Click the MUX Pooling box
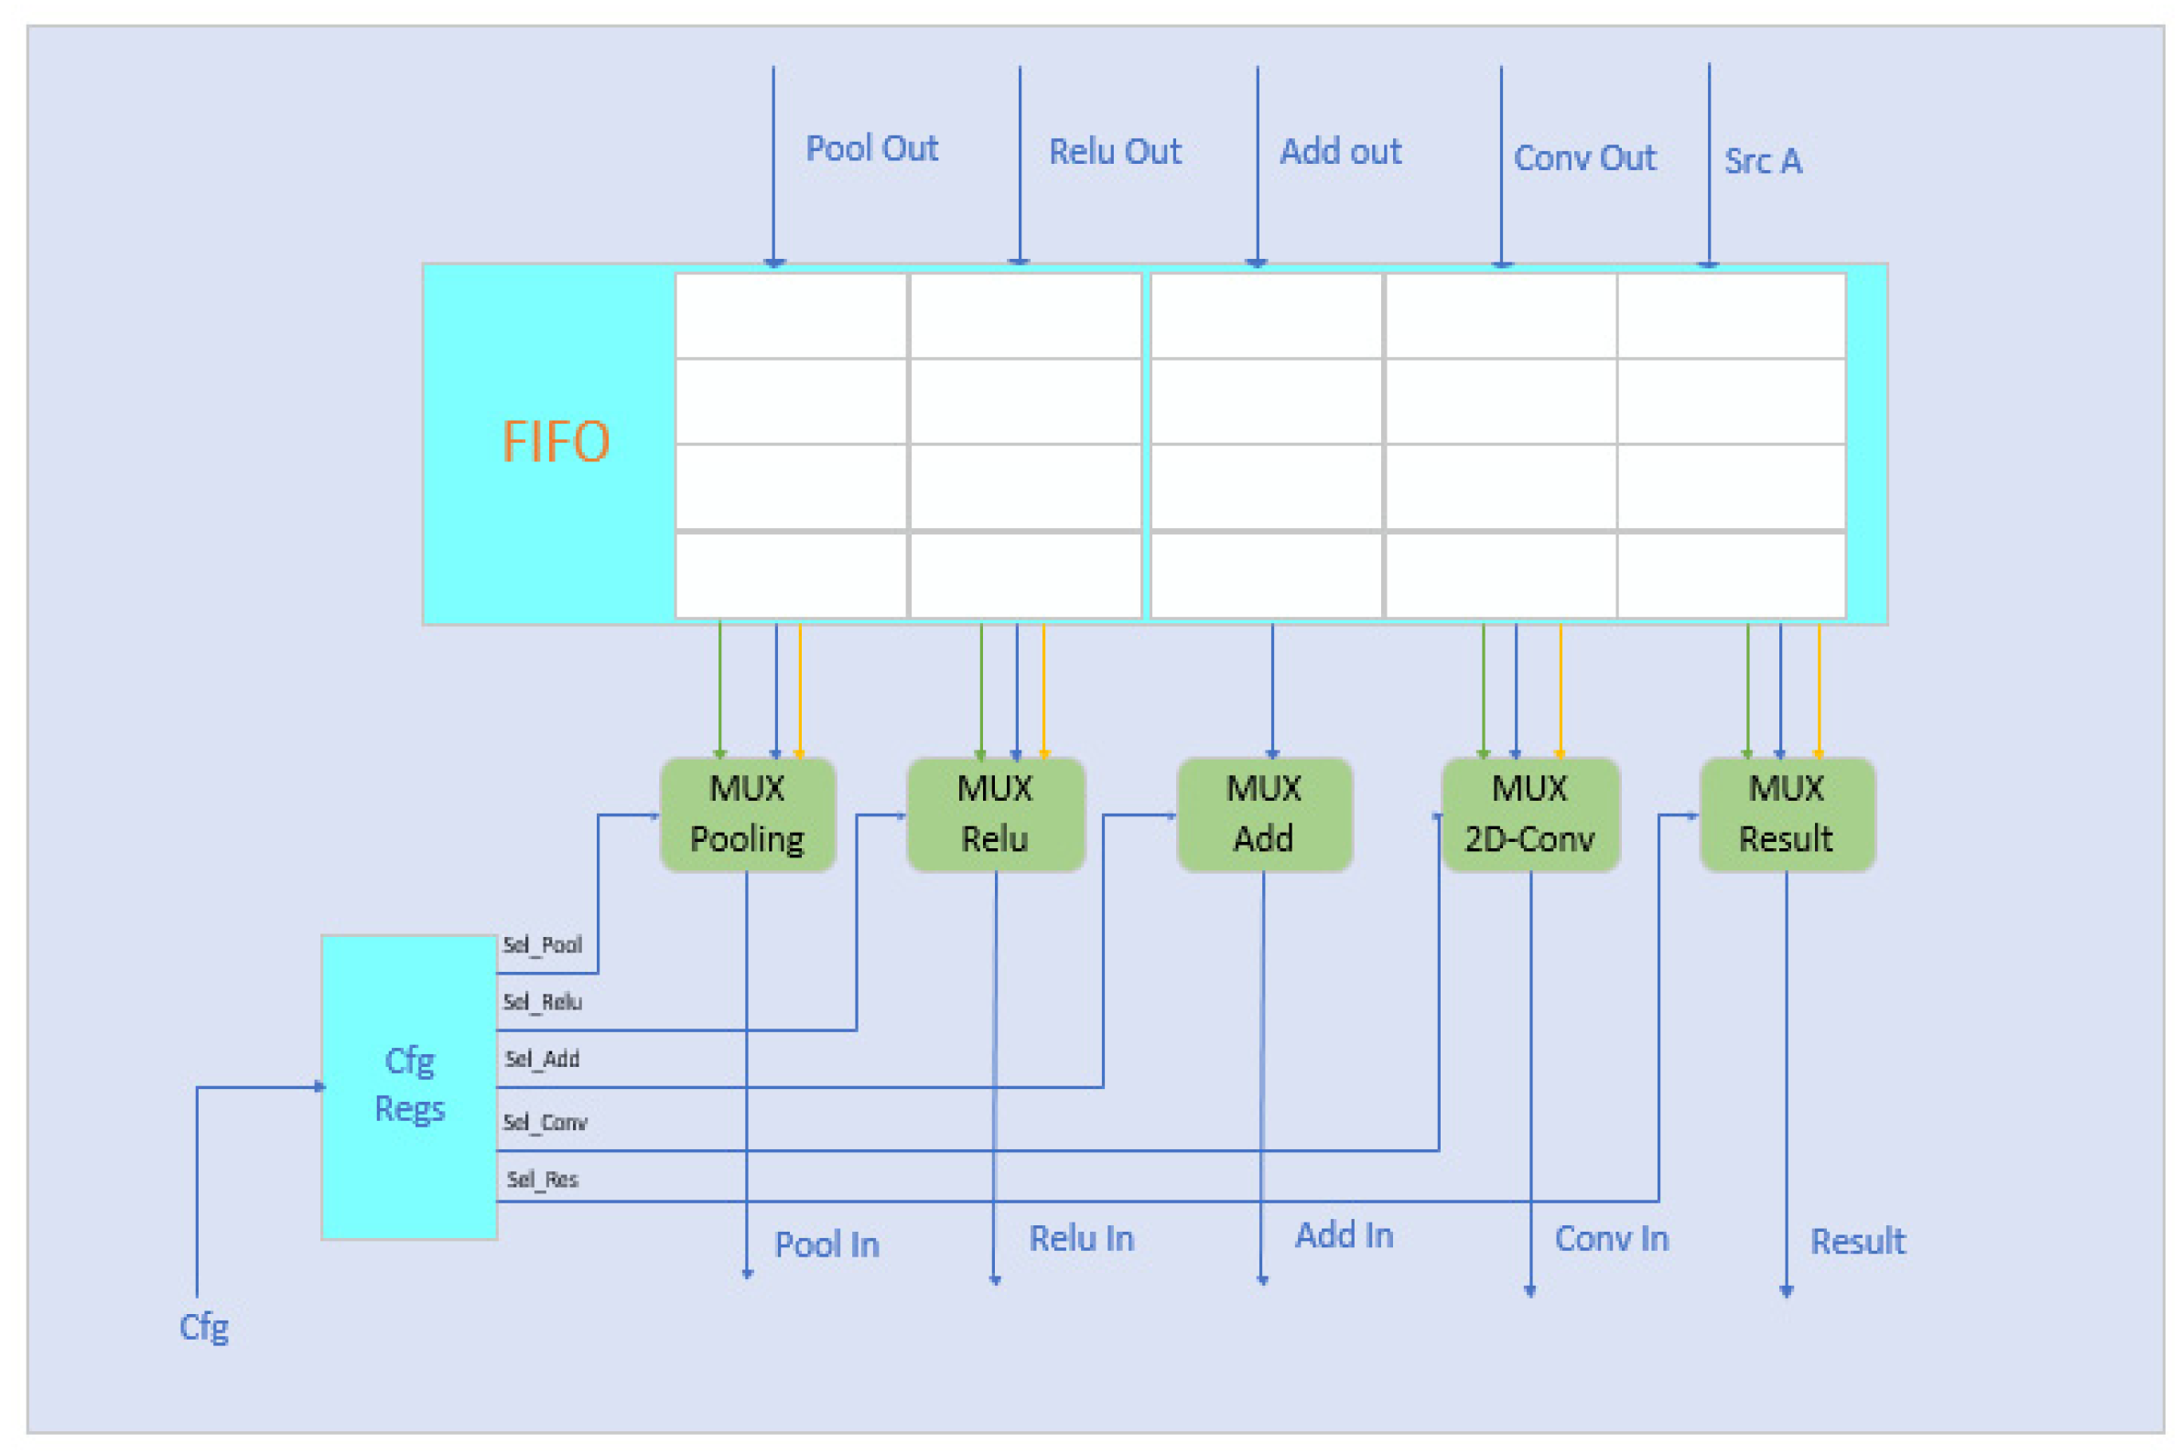point(747,814)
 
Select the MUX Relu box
point(995,814)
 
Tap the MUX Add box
point(1263,814)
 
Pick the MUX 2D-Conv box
point(1529,814)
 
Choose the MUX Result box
point(1787,814)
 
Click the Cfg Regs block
point(409,1085)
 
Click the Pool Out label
point(870,148)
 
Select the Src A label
point(1763,161)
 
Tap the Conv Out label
point(1584,157)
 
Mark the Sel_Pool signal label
point(542,944)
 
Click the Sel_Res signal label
point(542,1180)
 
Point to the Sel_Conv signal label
point(545,1123)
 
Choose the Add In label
point(1344,1235)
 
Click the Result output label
point(1857,1242)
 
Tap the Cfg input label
point(203,1327)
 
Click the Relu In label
point(1081,1238)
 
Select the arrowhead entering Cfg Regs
point(319,1086)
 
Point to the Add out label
point(1340,151)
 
